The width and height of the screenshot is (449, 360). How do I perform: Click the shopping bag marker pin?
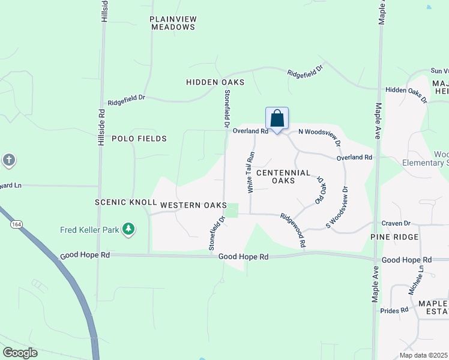pyautogui.click(x=277, y=118)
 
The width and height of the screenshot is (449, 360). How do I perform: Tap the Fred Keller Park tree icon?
pyautogui.click(x=128, y=229)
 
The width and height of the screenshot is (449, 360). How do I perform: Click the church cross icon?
pyautogui.click(x=8, y=160)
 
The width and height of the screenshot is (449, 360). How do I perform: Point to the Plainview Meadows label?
pyautogui.click(x=173, y=23)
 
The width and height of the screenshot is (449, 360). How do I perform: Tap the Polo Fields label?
pyautogui.click(x=139, y=139)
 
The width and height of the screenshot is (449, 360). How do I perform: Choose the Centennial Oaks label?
pyautogui.click(x=283, y=176)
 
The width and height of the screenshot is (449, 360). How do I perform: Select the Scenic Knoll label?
pyautogui.click(x=126, y=203)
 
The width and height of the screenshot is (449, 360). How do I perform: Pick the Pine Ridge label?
pyautogui.click(x=394, y=238)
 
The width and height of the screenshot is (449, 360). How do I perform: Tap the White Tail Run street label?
pyautogui.click(x=252, y=172)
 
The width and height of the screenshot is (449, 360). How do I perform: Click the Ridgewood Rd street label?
pyautogui.click(x=294, y=230)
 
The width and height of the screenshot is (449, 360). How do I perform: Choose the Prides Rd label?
pyautogui.click(x=394, y=310)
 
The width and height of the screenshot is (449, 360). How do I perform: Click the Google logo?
pyautogui.click(x=20, y=353)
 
